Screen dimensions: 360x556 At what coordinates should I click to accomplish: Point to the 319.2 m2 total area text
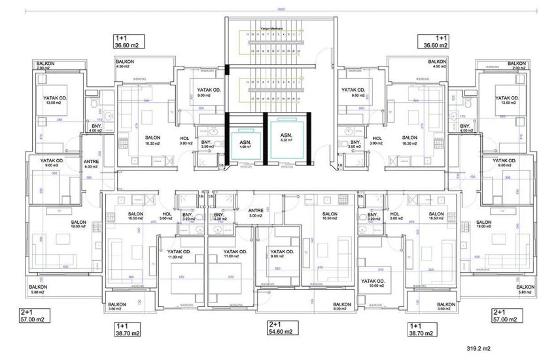click(x=479, y=349)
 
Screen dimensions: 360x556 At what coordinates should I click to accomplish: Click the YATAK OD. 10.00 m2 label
click(x=374, y=283)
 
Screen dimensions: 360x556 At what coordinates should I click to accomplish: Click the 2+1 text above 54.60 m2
click(x=275, y=325)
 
